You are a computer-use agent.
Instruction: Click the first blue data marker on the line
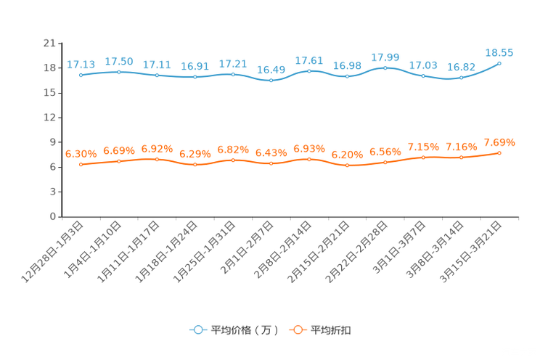pyautogui.click(x=81, y=75)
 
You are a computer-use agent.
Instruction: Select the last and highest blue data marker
pyautogui.click(x=499, y=63)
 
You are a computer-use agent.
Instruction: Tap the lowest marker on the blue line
pyautogui.click(x=271, y=80)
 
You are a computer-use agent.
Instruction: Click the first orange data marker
pyautogui.click(x=81, y=164)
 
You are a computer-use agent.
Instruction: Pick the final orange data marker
pyautogui.click(x=499, y=152)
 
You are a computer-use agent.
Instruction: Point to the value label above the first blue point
pyautogui.click(x=81, y=65)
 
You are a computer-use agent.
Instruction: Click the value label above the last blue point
pyautogui.click(x=499, y=52)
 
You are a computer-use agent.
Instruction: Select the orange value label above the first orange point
pyautogui.click(x=81, y=154)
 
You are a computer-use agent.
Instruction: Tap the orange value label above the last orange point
pyautogui.click(x=499, y=142)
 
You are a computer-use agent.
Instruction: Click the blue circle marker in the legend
pyautogui.click(x=197, y=330)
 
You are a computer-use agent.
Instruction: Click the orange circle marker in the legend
pyautogui.click(x=296, y=330)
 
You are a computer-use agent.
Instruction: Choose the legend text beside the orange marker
pyautogui.click(x=331, y=330)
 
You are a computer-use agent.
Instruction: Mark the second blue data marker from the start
pyautogui.click(x=119, y=71)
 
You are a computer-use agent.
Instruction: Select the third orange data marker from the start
pyautogui.click(x=157, y=159)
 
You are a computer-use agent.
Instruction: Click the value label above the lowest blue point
pyautogui.click(x=271, y=70)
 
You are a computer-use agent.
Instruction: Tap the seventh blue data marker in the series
pyautogui.click(x=309, y=71)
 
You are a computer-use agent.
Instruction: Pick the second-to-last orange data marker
pyautogui.click(x=461, y=157)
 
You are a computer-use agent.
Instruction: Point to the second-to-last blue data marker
pyautogui.click(x=461, y=77)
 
